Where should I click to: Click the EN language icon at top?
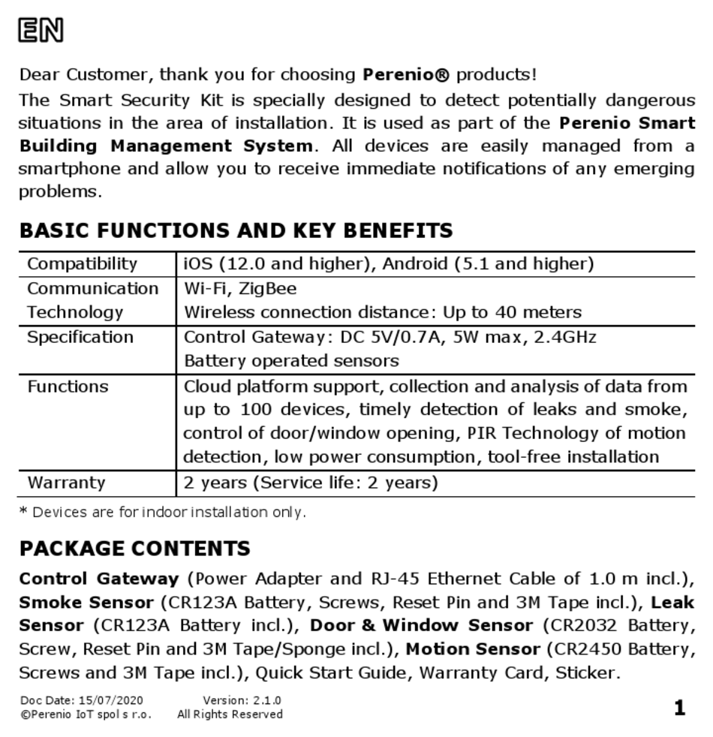(x=41, y=31)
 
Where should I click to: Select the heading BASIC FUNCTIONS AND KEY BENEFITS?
(x=236, y=230)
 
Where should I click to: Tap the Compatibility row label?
(x=83, y=264)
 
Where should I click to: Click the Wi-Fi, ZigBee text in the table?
(x=240, y=289)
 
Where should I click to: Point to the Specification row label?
(x=80, y=338)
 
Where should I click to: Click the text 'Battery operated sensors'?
(x=291, y=361)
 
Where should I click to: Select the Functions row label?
(x=68, y=387)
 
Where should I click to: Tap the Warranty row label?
(x=66, y=483)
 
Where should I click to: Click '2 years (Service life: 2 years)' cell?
(x=310, y=483)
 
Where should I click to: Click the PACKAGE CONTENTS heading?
(x=134, y=549)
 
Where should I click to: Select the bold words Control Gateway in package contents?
(x=99, y=579)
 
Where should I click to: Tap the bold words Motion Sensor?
(x=473, y=649)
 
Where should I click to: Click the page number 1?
(x=680, y=708)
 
